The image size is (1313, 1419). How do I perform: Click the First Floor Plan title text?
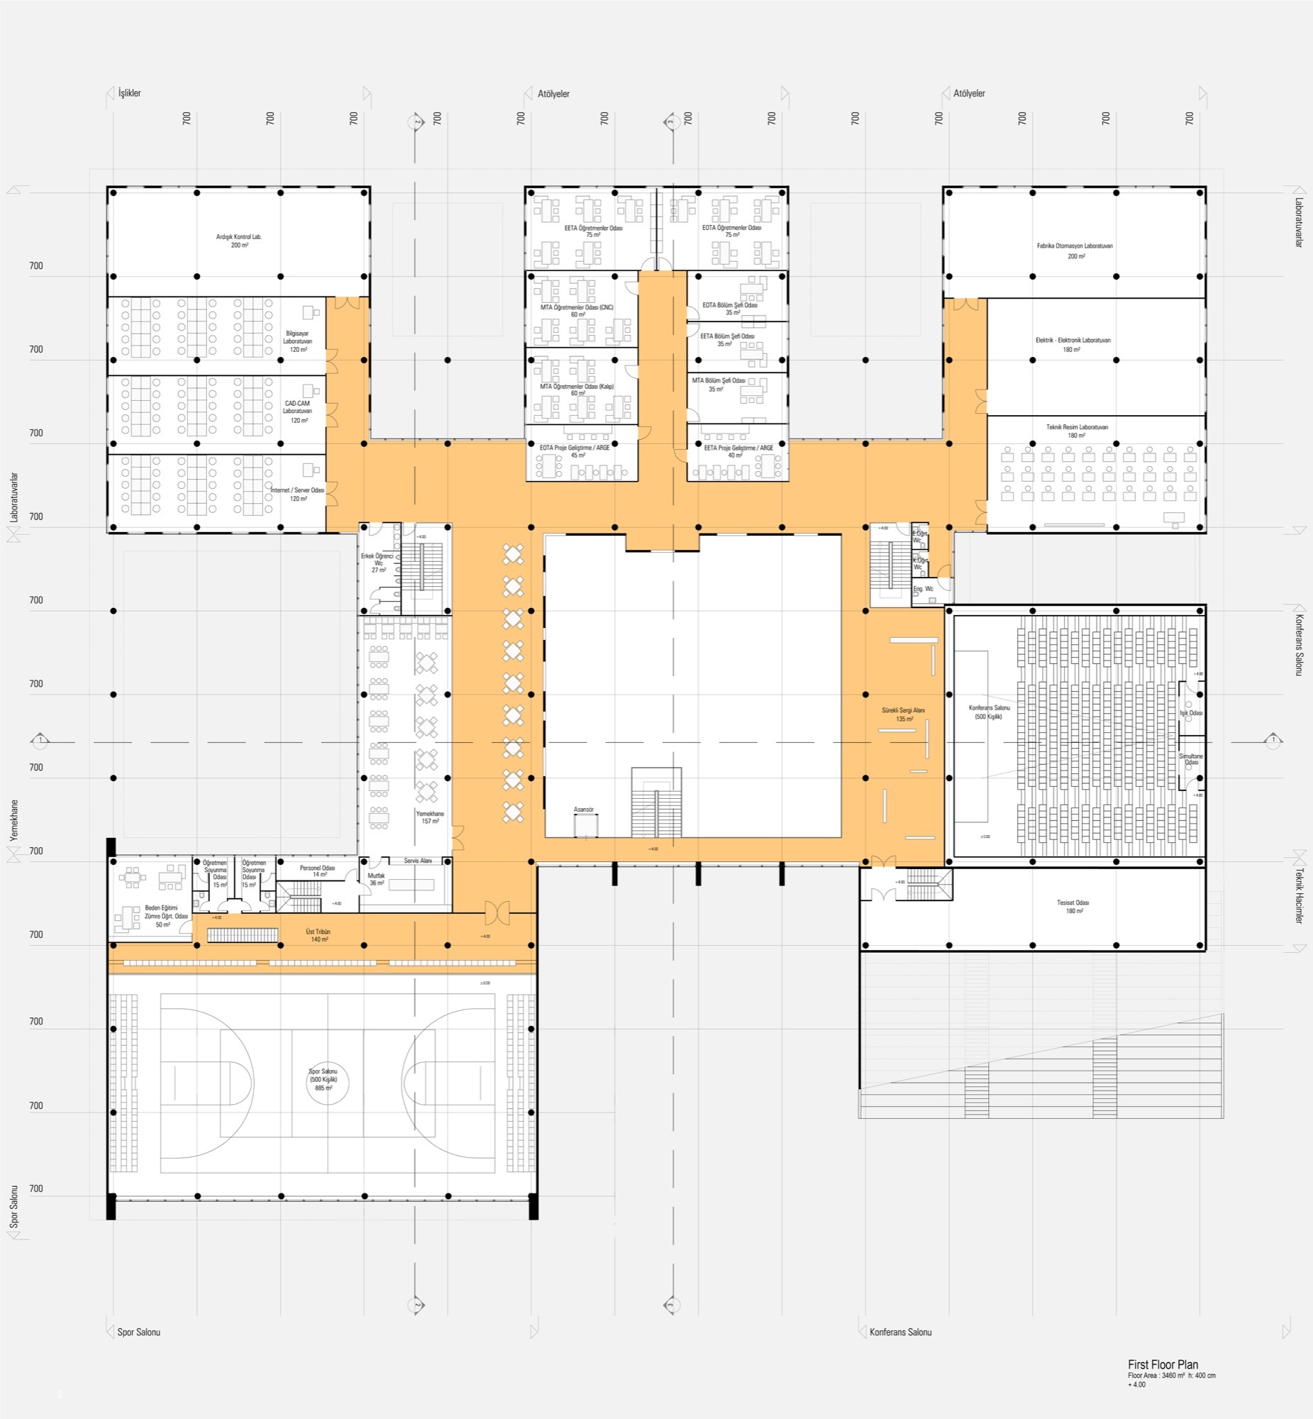1163,1364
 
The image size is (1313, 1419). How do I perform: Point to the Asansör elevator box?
585,825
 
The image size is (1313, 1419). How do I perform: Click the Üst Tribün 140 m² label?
318,935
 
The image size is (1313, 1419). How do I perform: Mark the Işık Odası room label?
1191,713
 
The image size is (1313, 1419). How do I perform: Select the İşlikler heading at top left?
129,93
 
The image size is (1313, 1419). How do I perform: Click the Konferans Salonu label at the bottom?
899,1332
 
